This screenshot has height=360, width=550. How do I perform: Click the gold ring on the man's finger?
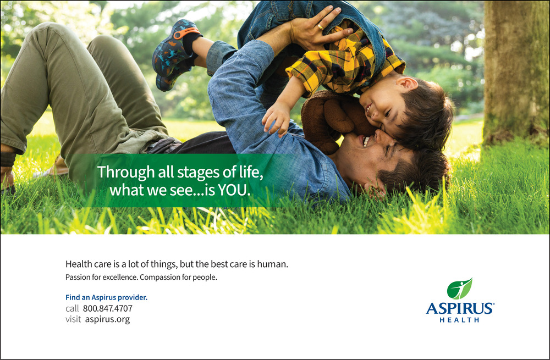[321, 26]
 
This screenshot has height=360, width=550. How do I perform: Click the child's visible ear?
[407, 84]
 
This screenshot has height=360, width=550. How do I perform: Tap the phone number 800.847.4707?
[108, 308]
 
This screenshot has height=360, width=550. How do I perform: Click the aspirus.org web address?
[107, 319]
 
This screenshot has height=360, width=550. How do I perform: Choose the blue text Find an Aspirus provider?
[106, 297]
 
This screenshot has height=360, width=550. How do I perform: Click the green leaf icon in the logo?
[459, 289]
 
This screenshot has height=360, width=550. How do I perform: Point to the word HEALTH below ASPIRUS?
[459, 320]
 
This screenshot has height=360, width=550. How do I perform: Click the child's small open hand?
[277, 118]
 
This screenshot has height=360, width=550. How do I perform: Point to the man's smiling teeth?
[366, 142]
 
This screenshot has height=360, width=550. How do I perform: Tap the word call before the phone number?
[72, 308]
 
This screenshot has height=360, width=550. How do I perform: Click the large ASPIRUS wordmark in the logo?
[460, 308]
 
